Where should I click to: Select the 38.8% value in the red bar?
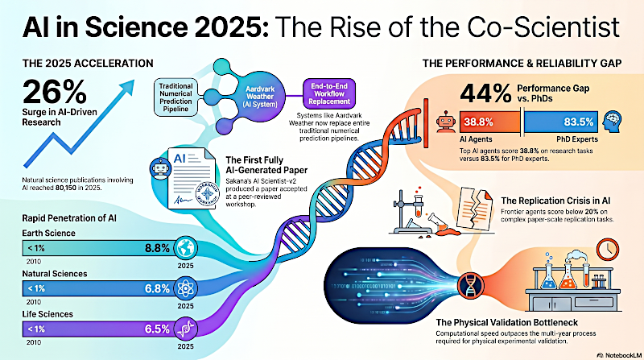pyautogui.click(x=480, y=122)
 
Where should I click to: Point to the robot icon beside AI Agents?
pyautogui.click(x=443, y=122)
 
